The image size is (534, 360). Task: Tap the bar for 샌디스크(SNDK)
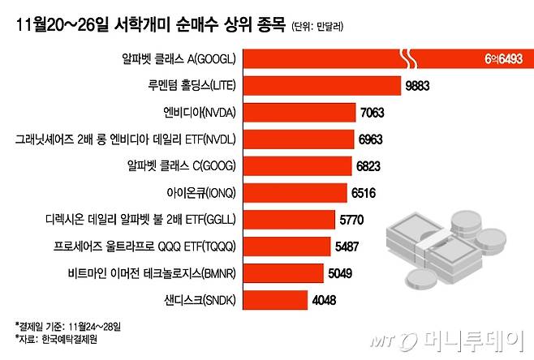click(276, 300)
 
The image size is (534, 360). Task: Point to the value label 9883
click(419, 85)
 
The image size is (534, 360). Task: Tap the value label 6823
click(372, 166)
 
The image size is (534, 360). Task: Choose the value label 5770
click(353, 220)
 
